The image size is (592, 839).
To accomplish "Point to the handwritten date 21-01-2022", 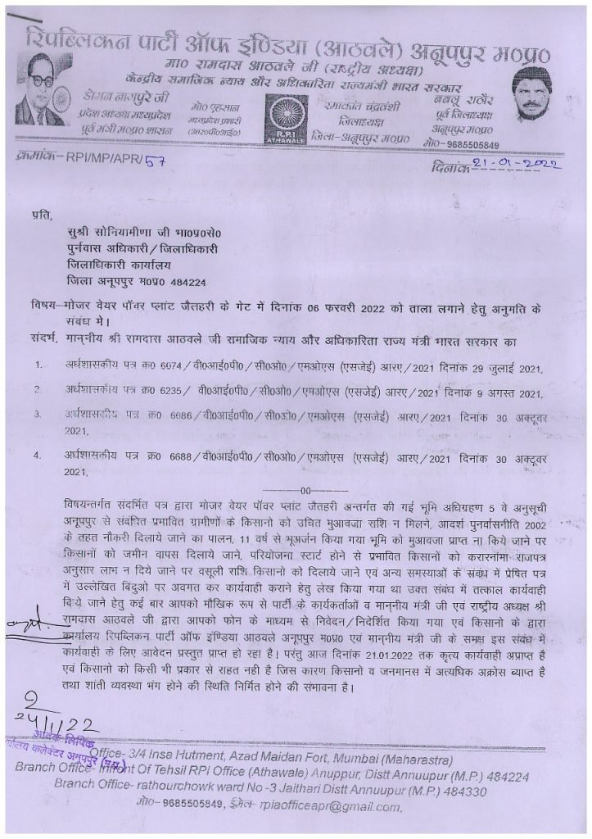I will [510, 166].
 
